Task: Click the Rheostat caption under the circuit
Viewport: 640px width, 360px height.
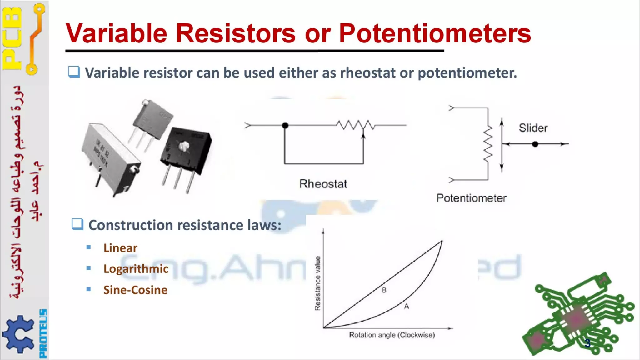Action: click(323, 184)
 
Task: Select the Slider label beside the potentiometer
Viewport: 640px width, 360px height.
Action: click(533, 128)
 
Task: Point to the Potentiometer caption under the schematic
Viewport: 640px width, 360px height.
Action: click(471, 198)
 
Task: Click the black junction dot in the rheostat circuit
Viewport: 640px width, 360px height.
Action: click(285, 125)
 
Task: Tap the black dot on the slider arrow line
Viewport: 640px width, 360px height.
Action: click(535, 144)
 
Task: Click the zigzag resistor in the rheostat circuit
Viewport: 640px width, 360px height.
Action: click(356, 125)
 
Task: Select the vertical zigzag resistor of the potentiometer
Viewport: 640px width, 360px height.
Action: click(488, 144)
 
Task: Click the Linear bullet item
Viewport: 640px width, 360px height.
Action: click(120, 248)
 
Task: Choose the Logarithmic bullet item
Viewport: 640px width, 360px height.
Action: click(136, 269)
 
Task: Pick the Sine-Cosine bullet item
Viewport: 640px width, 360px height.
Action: click(135, 290)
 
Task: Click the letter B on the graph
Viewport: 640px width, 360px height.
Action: click(384, 290)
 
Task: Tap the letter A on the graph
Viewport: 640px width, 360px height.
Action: click(406, 307)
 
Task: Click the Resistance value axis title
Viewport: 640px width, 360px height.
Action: click(317, 283)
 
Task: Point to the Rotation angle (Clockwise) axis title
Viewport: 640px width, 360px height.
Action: click(392, 335)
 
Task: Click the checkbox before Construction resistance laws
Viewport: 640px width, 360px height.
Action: click(77, 224)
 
